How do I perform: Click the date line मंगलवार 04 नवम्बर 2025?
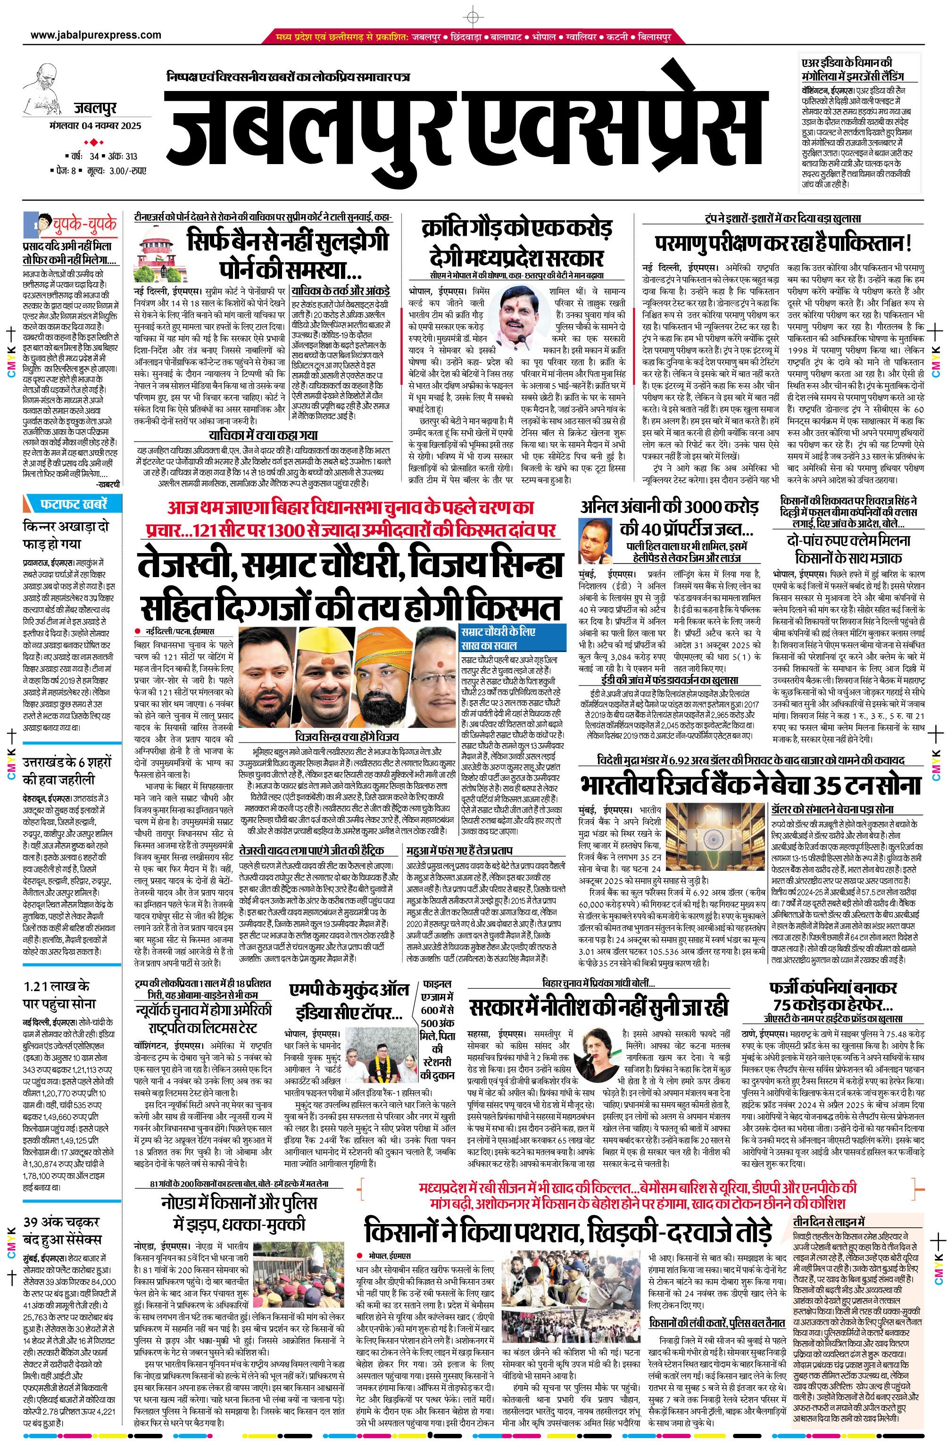click(96, 126)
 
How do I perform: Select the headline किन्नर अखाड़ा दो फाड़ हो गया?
click(65, 534)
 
